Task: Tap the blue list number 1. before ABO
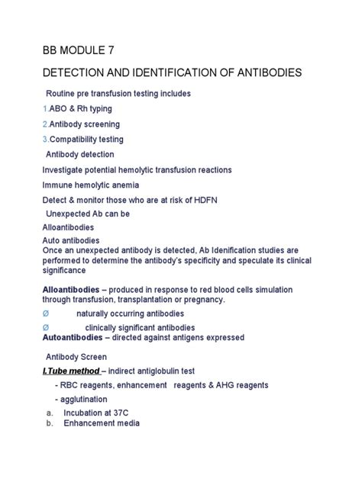click(x=45, y=108)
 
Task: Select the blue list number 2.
click(x=45, y=124)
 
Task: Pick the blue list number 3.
click(x=45, y=140)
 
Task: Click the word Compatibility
click(x=77, y=140)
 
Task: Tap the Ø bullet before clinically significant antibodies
click(x=45, y=327)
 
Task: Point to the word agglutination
click(x=82, y=399)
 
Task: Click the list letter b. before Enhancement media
click(x=49, y=423)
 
